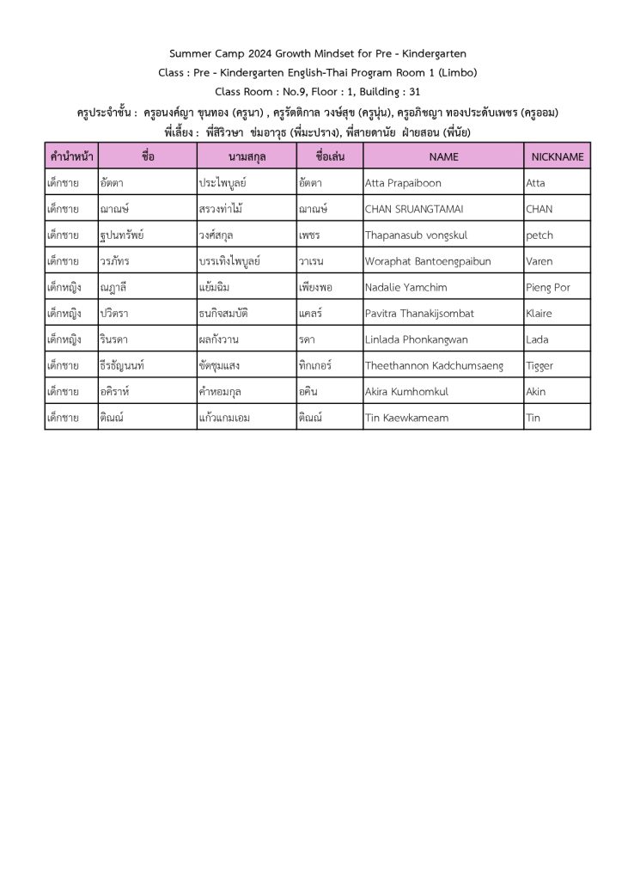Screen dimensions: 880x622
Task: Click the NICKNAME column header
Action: pyautogui.click(x=558, y=156)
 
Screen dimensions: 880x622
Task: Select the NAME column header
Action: pyautogui.click(x=443, y=156)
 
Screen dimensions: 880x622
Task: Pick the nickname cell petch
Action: pyautogui.click(x=540, y=235)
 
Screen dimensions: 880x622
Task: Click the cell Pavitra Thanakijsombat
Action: pyautogui.click(x=419, y=314)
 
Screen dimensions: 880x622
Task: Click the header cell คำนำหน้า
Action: pyautogui.click(x=71, y=156)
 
